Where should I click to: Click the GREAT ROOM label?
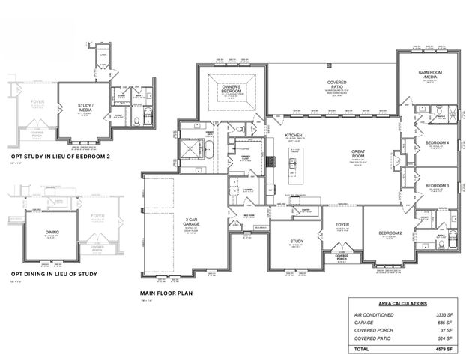coord(358,154)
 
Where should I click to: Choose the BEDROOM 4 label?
coord(438,142)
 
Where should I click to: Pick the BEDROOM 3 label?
coord(437,185)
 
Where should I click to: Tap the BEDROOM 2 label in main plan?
coord(390,234)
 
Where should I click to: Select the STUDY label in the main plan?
coord(296,241)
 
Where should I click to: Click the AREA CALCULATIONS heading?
coord(399,303)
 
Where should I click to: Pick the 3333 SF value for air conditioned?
coord(437,314)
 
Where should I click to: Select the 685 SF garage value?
coord(438,322)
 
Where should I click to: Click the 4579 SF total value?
coord(437,349)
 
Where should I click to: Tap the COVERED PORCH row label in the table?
coord(375,331)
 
